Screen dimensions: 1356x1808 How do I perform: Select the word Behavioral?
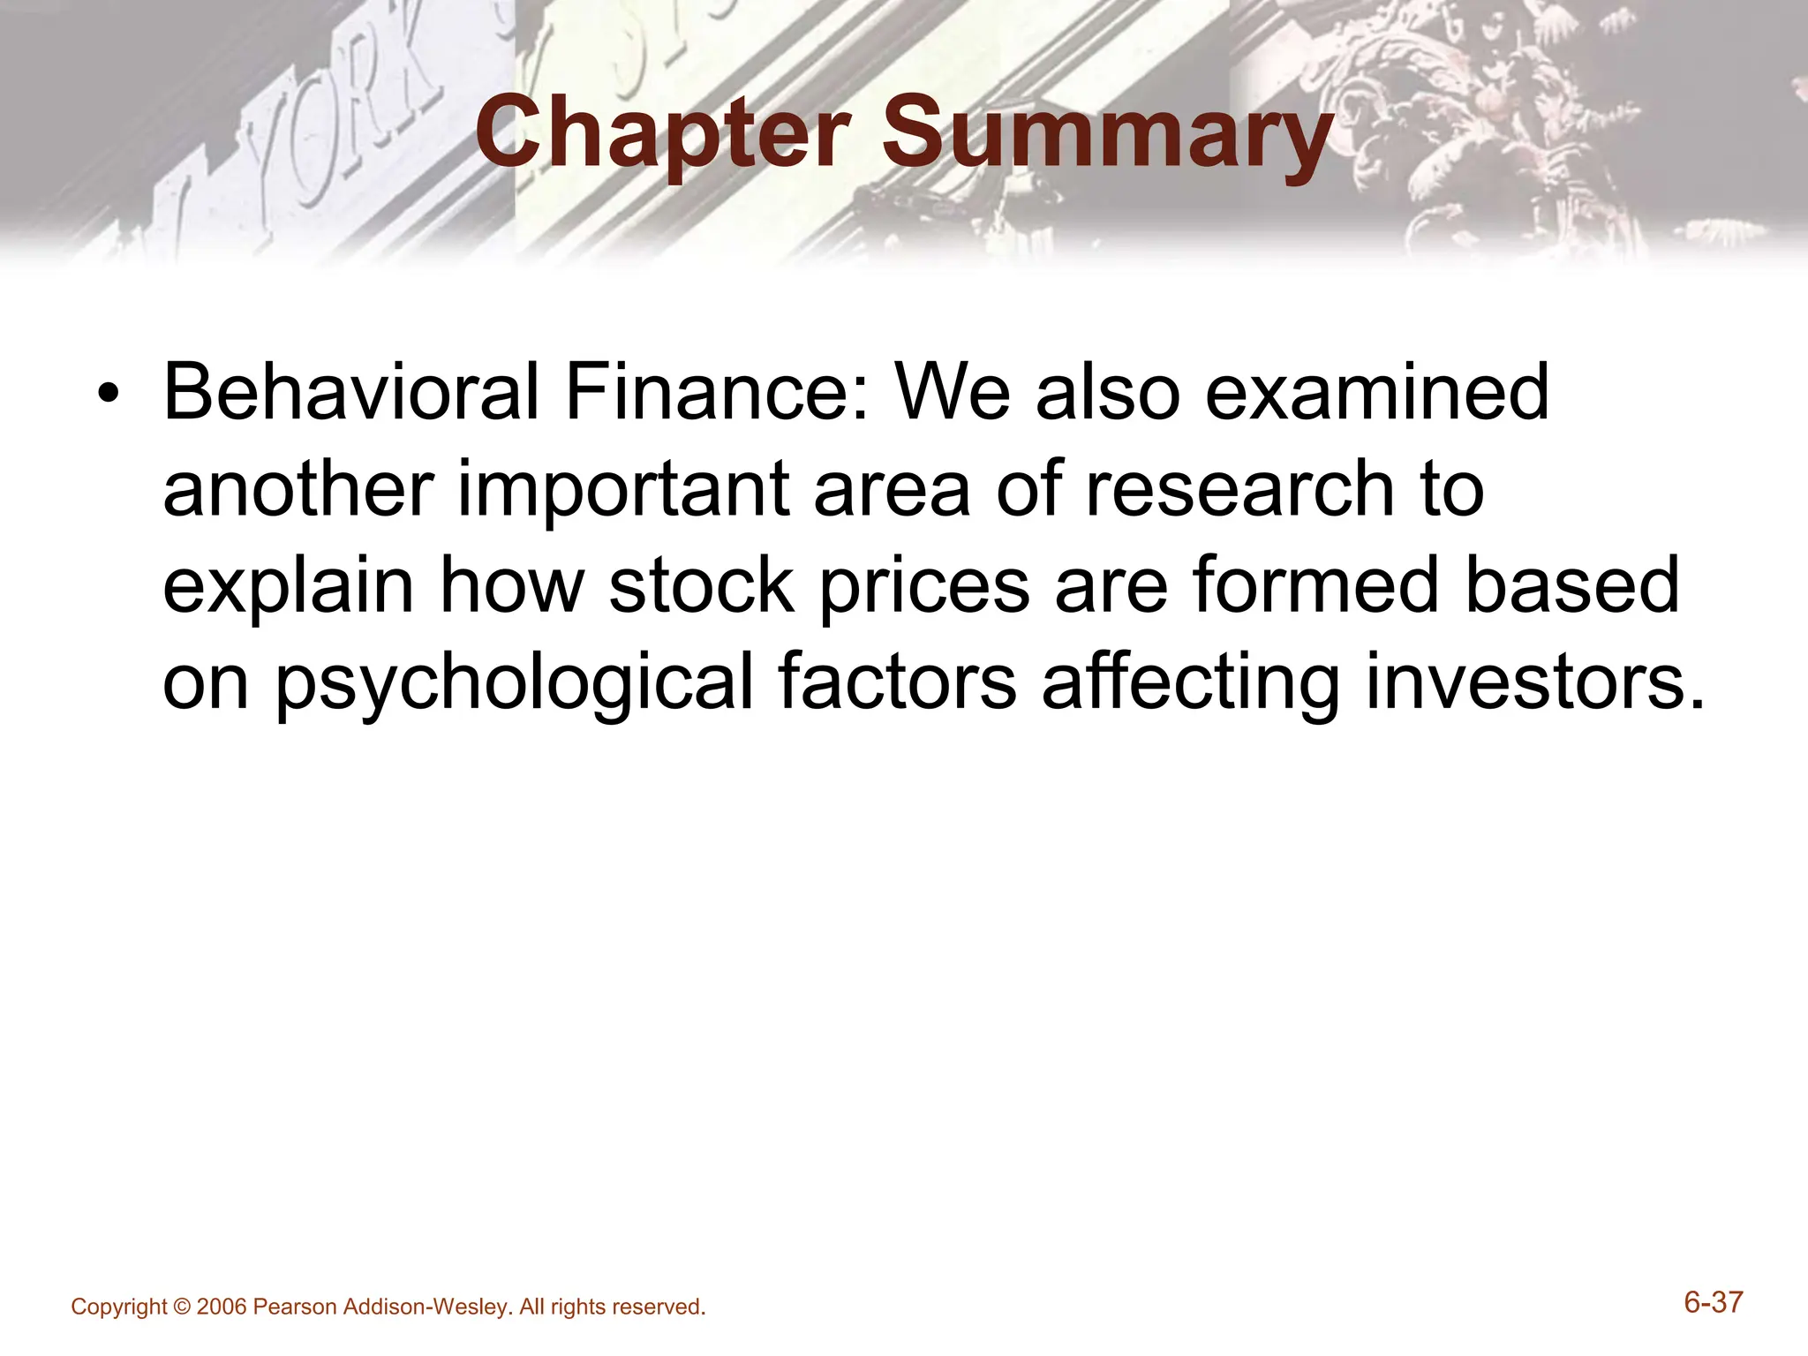point(350,392)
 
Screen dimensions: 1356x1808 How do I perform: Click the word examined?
point(1377,392)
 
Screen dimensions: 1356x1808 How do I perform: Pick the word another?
point(298,489)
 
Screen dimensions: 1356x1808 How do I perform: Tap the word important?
point(622,489)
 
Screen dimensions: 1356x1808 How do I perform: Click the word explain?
point(288,586)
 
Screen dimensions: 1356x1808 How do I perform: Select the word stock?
point(702,586)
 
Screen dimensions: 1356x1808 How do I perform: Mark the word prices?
point(924,586)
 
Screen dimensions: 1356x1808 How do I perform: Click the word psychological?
point(514,683)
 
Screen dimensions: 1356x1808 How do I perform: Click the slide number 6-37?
point(1713,1303)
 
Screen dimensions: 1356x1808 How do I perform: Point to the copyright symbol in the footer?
point(182,1307)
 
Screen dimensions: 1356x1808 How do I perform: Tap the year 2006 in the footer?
point(222,1307)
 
